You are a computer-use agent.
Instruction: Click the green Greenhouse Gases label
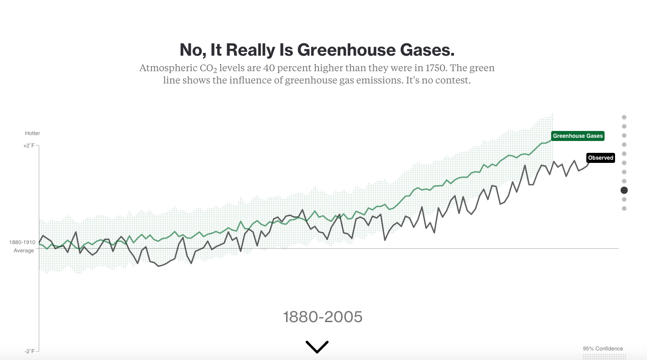pos(578,136)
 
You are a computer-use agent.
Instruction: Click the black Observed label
pos(600,158)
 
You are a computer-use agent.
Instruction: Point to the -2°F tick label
pos(29,351)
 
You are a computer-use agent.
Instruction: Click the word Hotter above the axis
pos(32,133)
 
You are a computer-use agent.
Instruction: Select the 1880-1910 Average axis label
pos(23,246)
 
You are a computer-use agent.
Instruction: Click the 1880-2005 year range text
pos(323,317)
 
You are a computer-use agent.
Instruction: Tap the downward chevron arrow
pos(317,347)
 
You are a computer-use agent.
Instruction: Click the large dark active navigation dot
pos(624,190)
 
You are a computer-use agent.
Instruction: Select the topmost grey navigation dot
pos(624,117)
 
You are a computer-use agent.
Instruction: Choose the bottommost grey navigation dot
pos(624,209)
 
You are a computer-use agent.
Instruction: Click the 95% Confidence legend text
pos(602,349)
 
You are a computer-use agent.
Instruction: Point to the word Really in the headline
pos(249,50)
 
